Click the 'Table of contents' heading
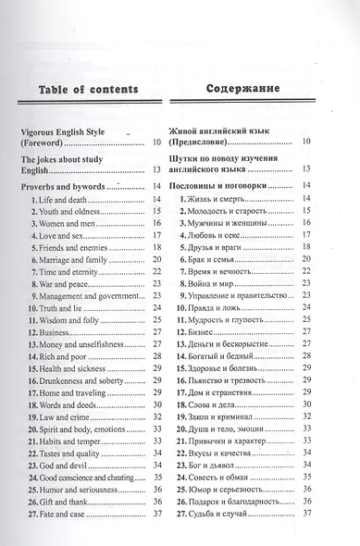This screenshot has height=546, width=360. coord(84,90)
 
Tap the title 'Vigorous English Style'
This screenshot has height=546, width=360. coord(71,132)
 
